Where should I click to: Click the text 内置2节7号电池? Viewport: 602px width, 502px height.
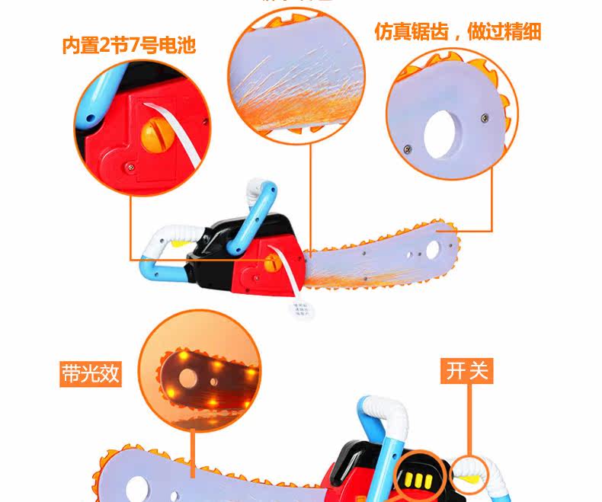(129, 45)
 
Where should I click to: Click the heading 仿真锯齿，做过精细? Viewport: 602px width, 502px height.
(457, 31)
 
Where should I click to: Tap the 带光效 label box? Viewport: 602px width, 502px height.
(91, 374)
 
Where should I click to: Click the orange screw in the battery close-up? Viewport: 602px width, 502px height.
(150, 138)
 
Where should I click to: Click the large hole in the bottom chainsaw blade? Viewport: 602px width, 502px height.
(140, 484)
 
